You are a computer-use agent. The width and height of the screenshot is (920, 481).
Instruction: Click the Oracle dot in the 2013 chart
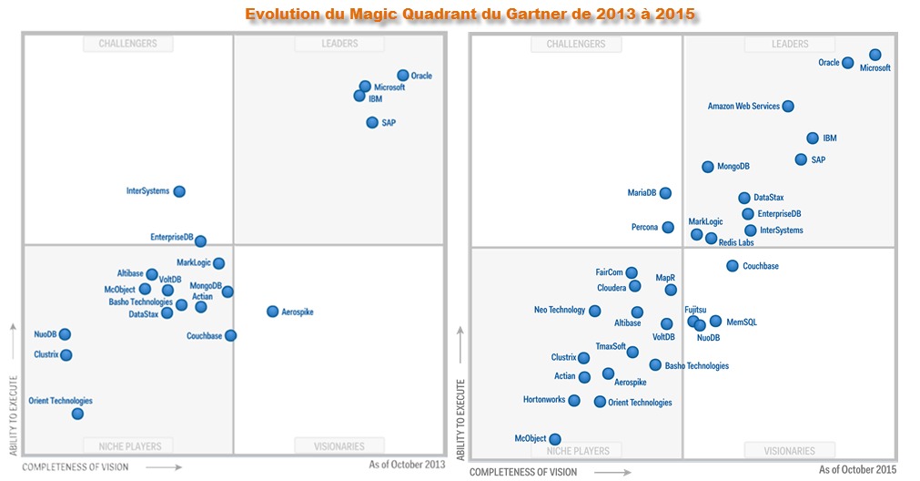pyautogui.click(x=403, y=76)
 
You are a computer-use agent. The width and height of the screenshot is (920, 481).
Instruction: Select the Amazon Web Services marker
pyautogui.click(x=788, y=107)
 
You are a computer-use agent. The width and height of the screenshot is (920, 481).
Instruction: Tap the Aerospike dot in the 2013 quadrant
pyautogui.click(x=272, y=312)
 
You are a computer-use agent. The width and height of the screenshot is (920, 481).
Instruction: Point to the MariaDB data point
pyautogui.click(x=665, y=193)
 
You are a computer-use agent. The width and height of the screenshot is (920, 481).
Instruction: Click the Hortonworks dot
pyautogui.click(x=574, y=400)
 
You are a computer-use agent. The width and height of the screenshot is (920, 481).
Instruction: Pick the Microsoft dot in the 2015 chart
pyautogui.click(x=875, y=56)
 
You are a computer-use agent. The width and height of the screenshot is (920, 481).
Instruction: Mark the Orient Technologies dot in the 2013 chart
pyautogui.click(x=77, y=414)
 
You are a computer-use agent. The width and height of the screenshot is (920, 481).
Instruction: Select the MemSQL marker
pyautogui.click(x=716, y=321)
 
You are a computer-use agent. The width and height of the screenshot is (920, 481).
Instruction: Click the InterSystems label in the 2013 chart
pyautogui.click(x=147, y=191)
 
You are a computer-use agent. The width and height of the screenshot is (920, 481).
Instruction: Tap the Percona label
pyautogui.click(x=644, y=228)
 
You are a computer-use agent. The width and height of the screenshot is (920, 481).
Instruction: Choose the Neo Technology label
pyautogui.click(x=560, y=311)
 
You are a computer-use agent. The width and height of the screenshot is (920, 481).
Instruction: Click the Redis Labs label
pyautogui.click(x=736, y=243)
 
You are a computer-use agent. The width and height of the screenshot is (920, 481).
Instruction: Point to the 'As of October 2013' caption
pyautogui.click(x=407, y=465)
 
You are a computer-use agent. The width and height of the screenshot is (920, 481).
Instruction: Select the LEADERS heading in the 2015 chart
pyautogui.click(x=790, y=44)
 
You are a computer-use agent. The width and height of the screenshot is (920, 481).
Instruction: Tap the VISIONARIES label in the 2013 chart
pyautogui.click(x=339, y=446)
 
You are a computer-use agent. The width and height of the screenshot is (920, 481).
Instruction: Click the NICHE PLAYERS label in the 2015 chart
pyautogui.click(x=578, y=451)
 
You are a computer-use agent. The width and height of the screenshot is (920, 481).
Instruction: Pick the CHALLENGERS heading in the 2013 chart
pyautogui.click(x=127, y=44)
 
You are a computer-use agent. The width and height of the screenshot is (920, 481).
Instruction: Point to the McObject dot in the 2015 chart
pyautogui.click(x=555, y=439)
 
